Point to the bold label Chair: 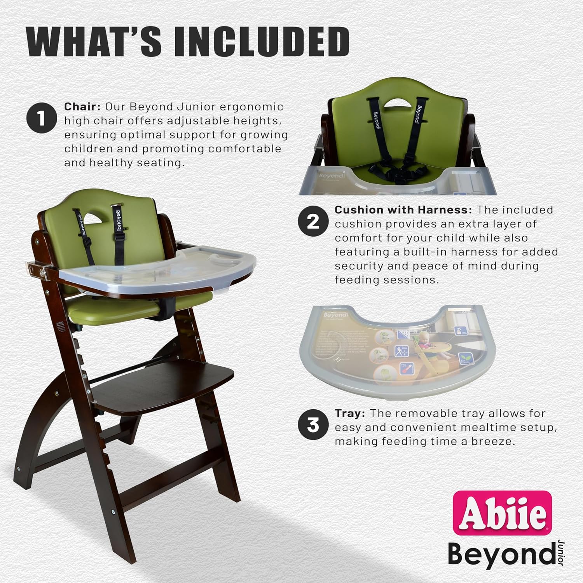(x=82, y=106)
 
